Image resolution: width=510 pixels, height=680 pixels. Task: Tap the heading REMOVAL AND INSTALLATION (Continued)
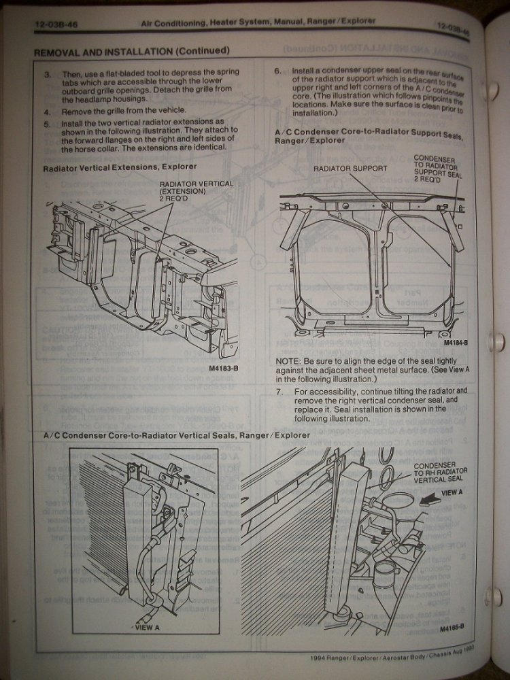(x=131, y=51)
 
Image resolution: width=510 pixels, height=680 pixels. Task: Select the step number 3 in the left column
(x=47, y=71)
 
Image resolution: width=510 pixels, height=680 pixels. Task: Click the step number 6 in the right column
(x=277, y=70)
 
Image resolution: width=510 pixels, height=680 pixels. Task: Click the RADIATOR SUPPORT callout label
(x=350, y=168)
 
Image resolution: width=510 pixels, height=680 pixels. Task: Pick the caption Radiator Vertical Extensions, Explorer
(x=120, y=165)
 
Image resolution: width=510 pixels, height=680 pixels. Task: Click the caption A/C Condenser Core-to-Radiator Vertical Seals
(x=176, y=435)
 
